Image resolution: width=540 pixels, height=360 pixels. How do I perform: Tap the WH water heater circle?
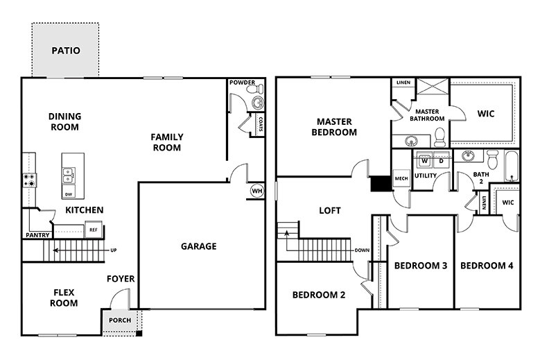256,191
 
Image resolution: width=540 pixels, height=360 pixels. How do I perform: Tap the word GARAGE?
199,246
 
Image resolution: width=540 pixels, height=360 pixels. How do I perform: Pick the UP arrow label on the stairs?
112,250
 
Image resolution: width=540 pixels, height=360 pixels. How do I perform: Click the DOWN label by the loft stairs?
362,250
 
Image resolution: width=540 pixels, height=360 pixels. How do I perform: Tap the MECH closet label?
401,178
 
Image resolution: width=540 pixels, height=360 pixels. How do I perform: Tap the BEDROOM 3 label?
420,266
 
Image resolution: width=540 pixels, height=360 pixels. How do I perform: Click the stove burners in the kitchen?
30,180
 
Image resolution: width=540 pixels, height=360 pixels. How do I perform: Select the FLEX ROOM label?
64,298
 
